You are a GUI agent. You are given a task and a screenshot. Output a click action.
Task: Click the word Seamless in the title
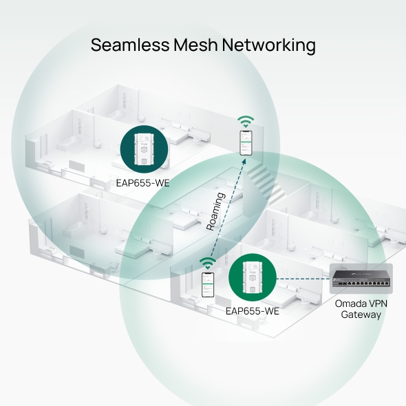click(x=130, y=45)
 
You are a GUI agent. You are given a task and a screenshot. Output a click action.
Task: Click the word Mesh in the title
click(x=195, y=45)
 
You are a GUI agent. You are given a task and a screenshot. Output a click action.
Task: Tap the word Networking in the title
click(x=269, y=45)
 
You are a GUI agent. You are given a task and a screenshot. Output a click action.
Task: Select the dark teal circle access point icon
click(x=145, y=149)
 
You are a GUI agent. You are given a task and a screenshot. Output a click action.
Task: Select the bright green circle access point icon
click(x=253, y=277)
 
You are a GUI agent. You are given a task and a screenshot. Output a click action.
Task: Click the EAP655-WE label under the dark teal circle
click(x=142, y=183)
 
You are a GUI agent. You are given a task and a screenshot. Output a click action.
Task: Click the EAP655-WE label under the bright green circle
click(x=253, y=311)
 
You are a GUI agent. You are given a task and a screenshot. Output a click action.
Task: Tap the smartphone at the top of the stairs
click(x=246, y=143)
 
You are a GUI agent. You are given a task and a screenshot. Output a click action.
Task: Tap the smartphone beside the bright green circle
click(x=208, y=285)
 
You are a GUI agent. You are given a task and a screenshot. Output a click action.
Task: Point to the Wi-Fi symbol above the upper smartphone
click(x=246, y=122)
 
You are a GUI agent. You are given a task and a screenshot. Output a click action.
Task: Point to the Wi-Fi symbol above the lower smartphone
click(x=208, y=264)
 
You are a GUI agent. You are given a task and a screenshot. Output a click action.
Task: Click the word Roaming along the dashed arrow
click(x=215, y=211)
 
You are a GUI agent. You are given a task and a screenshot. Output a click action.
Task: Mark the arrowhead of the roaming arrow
click(x=244, y=161)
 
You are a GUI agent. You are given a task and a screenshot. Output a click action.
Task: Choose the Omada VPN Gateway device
click(x=361, y=279)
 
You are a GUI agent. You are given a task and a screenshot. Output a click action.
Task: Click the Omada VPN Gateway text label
click(x=361, y=309)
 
